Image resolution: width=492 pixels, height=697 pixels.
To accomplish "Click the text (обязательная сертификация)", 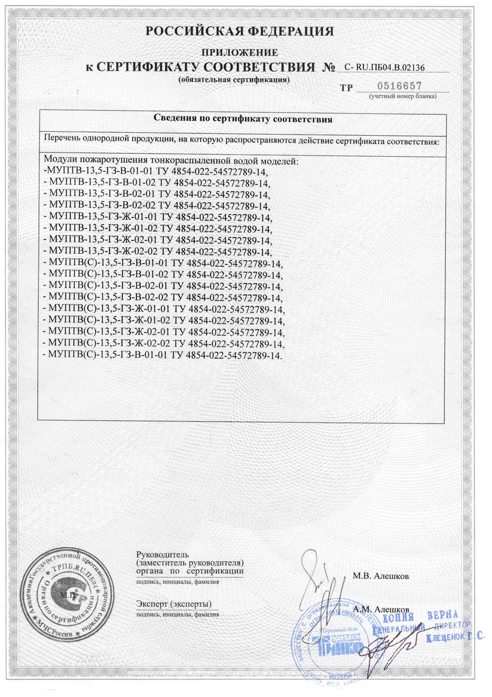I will tap(234, 79).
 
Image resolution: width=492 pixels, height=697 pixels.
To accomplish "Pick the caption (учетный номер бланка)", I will tap(402, 96).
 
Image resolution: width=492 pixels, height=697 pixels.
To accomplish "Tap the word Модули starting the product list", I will tap(62, 162).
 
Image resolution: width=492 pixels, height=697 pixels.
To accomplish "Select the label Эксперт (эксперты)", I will tap(173, 603).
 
